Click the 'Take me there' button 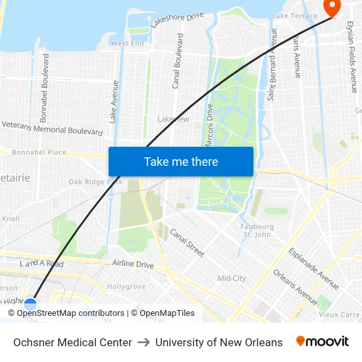[181, 162]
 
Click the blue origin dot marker [30, 304]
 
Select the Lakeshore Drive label [177, 19]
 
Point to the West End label [127, 43]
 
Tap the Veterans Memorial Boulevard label [53, 128]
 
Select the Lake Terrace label [290, 15]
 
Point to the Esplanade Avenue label [313, 269]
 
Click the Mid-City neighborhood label [232, 278]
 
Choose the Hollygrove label [126, 287]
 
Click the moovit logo [323, 342]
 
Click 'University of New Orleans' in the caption [219, 342]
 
